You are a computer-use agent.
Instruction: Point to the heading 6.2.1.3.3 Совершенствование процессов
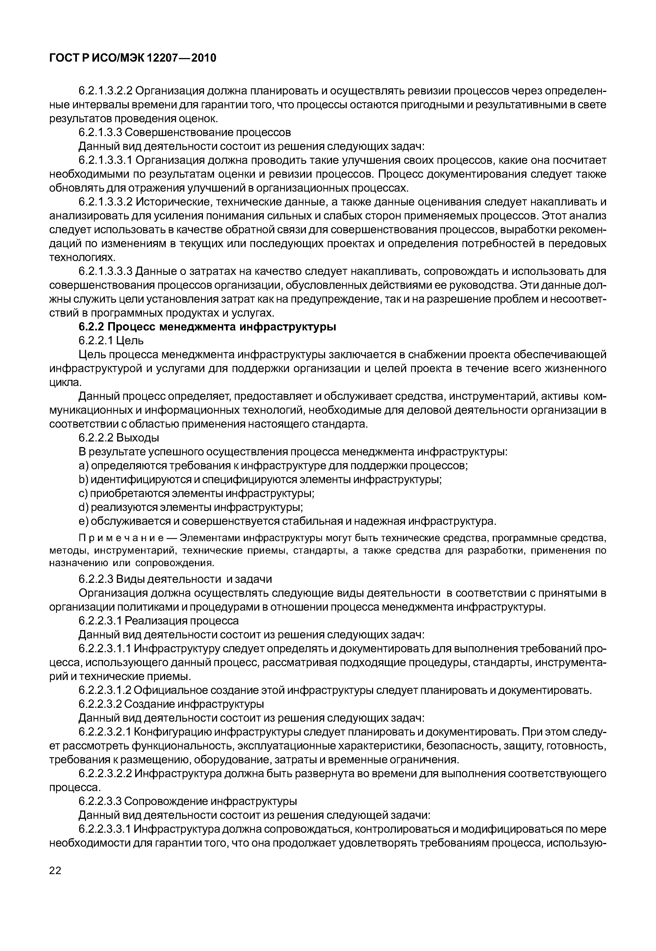coord(185,132)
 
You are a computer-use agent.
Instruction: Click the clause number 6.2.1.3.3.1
coord(105,160)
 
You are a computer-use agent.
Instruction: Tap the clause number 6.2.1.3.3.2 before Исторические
coord(105,202)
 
